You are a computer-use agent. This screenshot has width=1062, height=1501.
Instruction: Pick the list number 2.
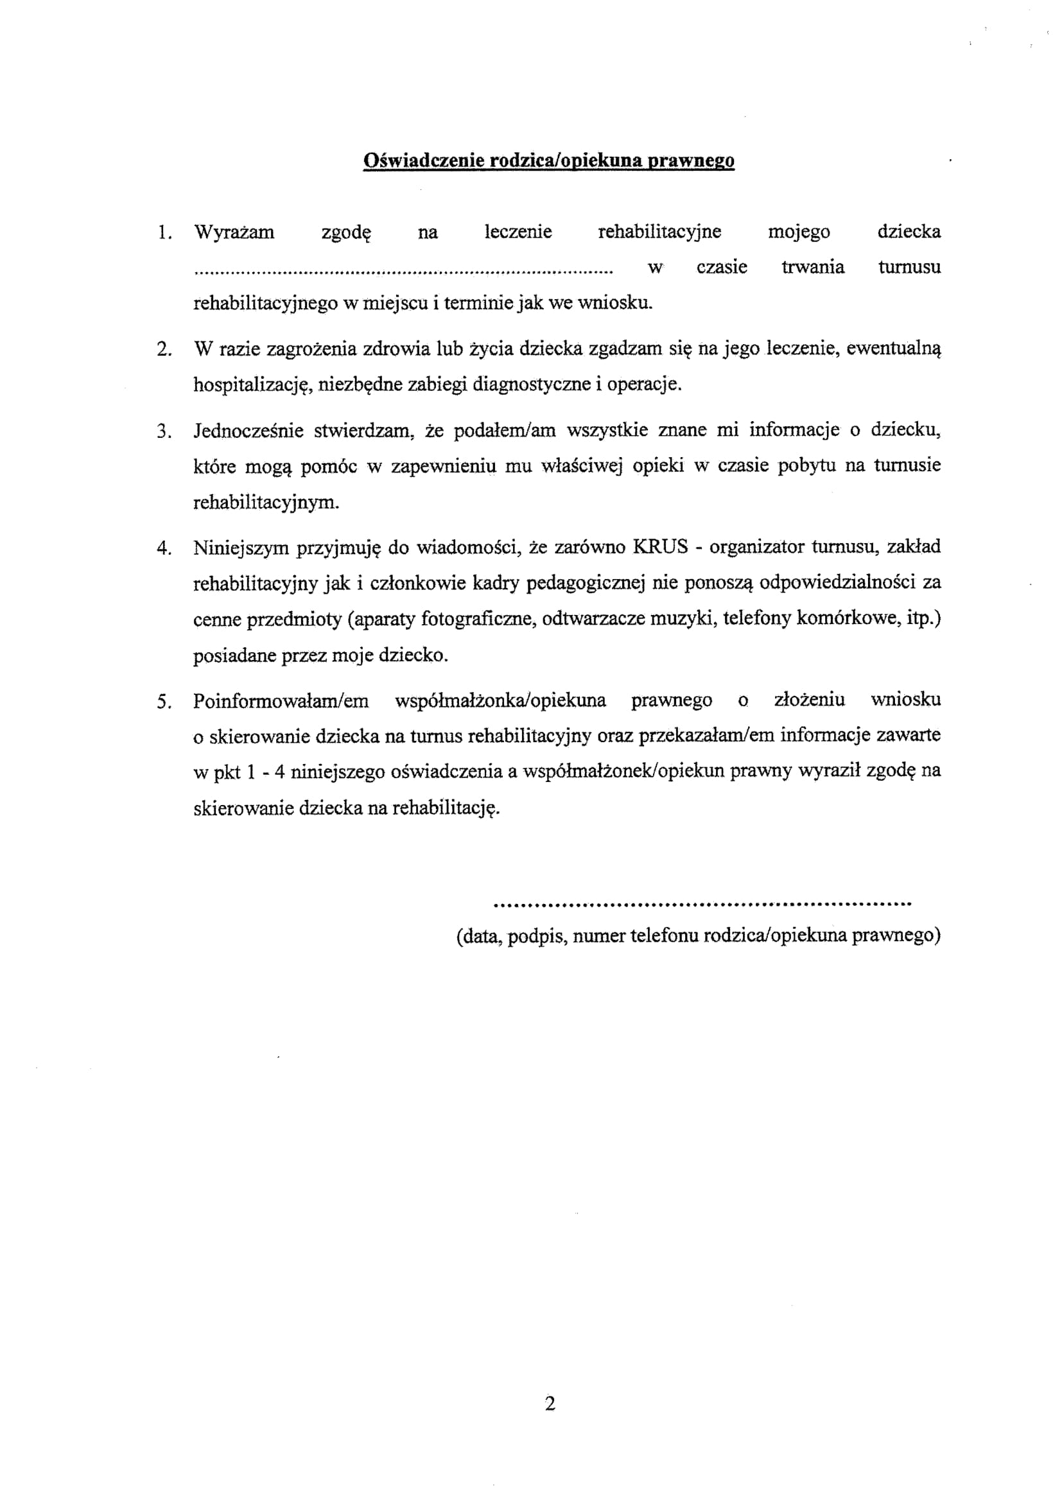[x=164, y=349]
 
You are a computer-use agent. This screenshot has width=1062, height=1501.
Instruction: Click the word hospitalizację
[x=252, y=385]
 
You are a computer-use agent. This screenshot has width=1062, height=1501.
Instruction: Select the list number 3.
[x=164, y=431]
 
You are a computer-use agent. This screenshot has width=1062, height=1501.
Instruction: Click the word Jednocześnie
[x=248, y=431]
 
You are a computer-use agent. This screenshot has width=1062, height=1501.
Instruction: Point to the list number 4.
[x=164, y=548]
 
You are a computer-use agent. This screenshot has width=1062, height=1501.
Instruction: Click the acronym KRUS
[x=661, y=546]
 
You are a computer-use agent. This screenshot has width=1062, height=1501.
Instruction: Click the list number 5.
[x=164, y=702]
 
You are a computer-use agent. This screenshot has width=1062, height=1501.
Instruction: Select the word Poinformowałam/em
[x=281, y=701]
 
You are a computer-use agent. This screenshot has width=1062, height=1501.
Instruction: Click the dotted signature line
[x=702, y=905]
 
